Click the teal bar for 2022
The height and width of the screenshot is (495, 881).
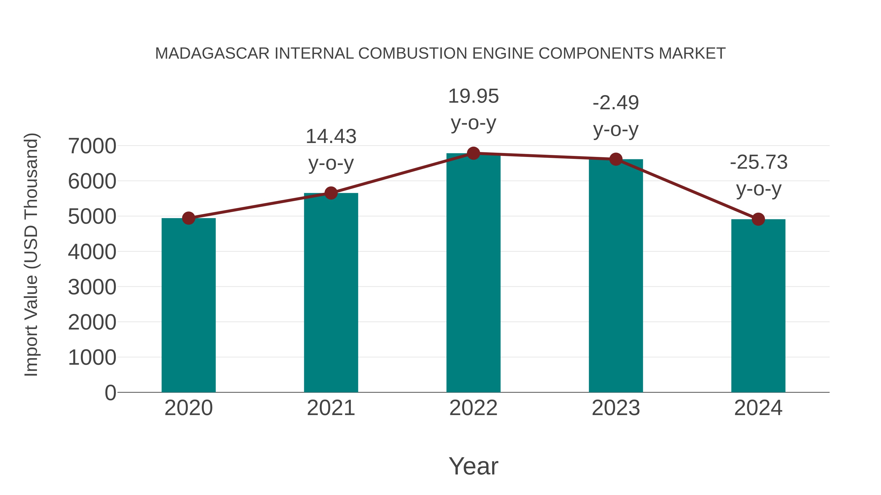tap(473, 273)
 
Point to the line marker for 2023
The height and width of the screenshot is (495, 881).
tap(616, 159)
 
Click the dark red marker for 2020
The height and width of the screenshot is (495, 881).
tap(188, 218)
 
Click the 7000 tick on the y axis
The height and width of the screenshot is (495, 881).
tap(92, 146)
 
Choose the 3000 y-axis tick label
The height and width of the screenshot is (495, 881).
tap(92, 287)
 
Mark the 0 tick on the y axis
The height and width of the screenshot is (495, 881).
tap(110, 393)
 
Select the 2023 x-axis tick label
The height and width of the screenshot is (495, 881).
tap(616, 408)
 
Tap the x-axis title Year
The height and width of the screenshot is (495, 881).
tap(473, 466)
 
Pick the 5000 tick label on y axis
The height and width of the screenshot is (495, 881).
tap(92, 217)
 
